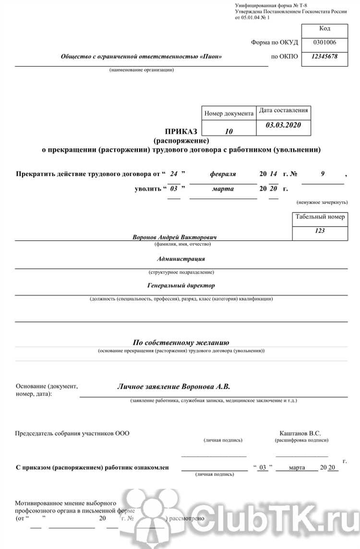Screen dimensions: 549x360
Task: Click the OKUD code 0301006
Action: click(x=324, y=42)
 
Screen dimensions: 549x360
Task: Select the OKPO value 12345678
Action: click(x=324, y=56)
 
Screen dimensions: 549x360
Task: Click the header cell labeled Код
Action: click(x=324, y=28)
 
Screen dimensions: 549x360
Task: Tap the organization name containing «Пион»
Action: click(x=141, y=57)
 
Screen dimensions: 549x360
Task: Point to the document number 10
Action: click(x=229, y=131)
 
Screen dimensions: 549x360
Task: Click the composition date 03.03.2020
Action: click(x=283, y=125)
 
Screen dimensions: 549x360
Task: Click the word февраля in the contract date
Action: click(x=223, y=174)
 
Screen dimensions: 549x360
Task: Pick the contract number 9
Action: click(x=323, y=174)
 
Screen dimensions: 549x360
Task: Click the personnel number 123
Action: click(x=320, y=231)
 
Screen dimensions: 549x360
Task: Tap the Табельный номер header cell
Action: click(x=320, y=217)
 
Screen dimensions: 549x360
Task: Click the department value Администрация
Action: click(x=181, y=259)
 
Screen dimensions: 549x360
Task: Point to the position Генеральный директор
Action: click(x=181, y=286)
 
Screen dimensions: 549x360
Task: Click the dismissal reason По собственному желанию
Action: click(x=181, y=343)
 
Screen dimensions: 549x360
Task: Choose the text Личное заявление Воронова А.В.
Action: click(x=174, y=386)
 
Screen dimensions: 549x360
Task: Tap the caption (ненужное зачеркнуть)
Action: click(x=322, y=203)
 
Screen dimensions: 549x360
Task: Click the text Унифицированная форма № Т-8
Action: click(x=270, y=5)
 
